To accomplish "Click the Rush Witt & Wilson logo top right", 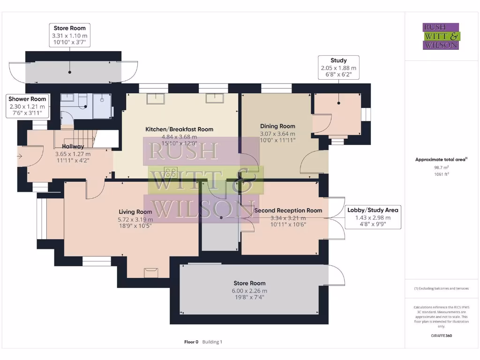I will (x=441, y=36).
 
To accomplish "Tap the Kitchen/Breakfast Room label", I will (x=179, y=129).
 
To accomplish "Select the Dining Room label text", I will (x=277, y=126).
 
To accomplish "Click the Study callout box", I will (x=338, y=67).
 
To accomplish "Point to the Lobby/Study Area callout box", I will (x=373, y=217).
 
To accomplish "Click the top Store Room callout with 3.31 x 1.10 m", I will (x=69, y=35).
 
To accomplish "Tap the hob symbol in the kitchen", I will (x=170, y=172).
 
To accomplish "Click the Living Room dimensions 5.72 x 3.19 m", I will (x=135, y=219).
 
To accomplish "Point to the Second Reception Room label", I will (x=288, y=210).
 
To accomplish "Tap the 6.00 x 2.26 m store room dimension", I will (x=249, y=291).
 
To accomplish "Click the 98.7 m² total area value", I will (x=441, y=167).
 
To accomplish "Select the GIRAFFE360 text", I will (x=441, y=336).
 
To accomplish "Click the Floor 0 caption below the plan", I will (x=191, y=342).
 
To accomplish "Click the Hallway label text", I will (x=73, y=147).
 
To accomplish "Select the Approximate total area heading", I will (x=441, y=159).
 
